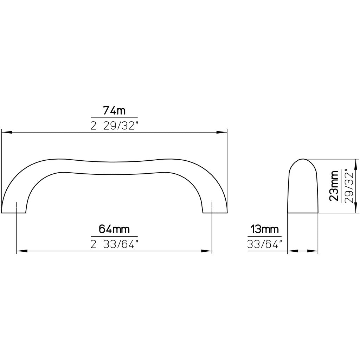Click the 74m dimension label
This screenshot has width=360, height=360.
pyautogui.click(x=114, y=111)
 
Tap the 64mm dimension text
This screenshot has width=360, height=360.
pyautogui.click(x=114, y=230)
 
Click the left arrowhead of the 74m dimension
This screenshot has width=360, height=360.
pyautogui.click(x=7, y=133)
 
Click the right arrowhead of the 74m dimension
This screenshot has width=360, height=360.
pyautogui.click(x=221, y=133)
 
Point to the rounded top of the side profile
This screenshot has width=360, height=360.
pyautogui.click(x=303, y=160)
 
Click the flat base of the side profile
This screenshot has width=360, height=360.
pyautogui.click(x=303, y=213)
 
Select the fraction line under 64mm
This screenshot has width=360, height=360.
pyautogui.click(x=114, y=236)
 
